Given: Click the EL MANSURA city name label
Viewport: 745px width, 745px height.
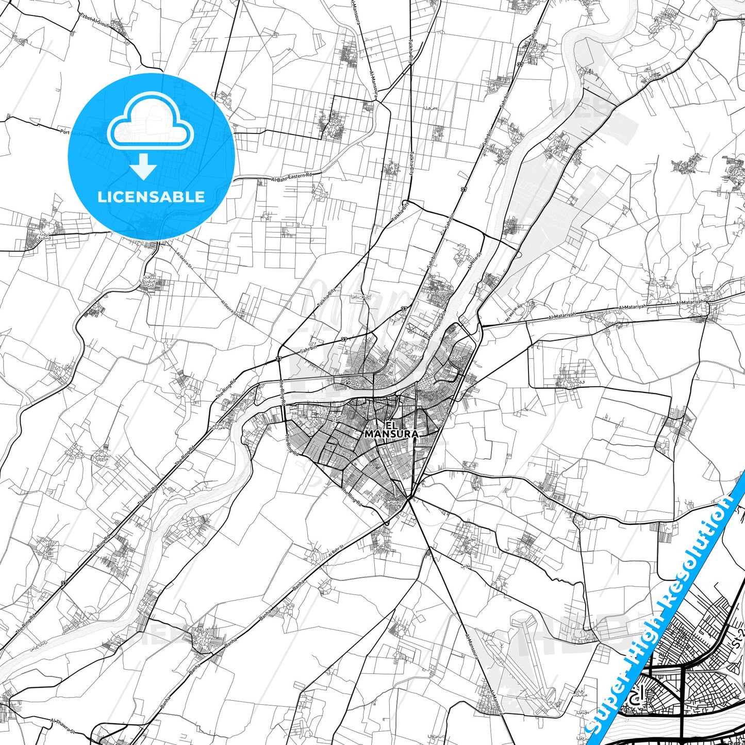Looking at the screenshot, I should (x=391, y=430).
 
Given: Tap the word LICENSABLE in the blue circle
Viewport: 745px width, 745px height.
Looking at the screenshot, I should (x=151, y=197).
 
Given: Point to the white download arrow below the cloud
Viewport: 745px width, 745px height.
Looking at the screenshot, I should (x=143, y=166).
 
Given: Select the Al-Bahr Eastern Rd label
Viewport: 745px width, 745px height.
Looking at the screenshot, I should (x=292, y=177).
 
